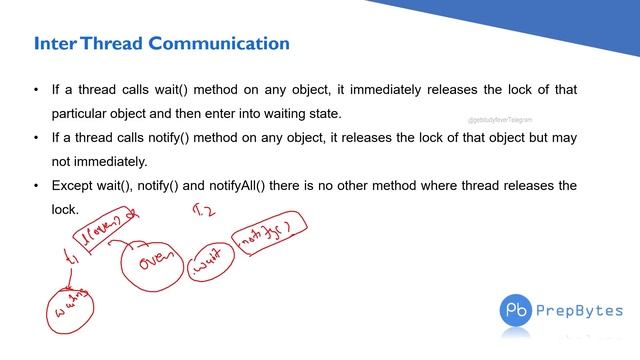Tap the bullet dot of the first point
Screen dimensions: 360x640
(36, 90)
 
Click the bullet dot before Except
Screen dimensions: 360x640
(36, 186)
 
